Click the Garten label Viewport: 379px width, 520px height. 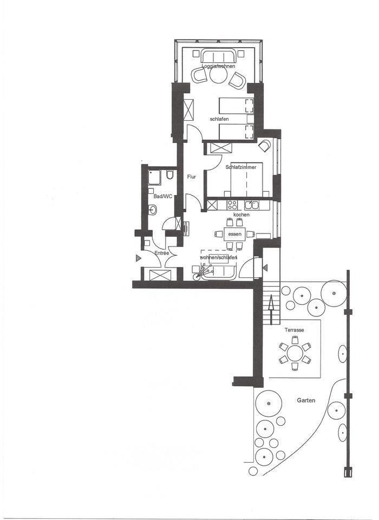306,400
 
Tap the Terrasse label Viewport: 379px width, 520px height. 294,330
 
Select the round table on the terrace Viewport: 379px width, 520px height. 295,353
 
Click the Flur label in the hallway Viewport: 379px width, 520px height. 192,177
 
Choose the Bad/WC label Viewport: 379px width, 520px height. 163,196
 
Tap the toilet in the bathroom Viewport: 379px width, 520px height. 170,174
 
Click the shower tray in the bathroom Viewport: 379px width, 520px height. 154,178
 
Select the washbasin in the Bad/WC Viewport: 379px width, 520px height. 153,210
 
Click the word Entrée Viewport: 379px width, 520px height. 162,253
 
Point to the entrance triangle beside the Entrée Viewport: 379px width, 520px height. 139,258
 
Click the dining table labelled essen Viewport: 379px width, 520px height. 234,234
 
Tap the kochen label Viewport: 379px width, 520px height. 241,214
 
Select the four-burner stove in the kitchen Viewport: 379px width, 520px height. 232,205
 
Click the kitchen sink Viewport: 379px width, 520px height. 251,205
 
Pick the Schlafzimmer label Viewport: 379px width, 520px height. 241,167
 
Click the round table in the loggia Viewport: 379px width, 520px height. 218,76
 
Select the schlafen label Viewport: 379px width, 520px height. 219,119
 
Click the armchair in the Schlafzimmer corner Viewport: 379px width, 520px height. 265,146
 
